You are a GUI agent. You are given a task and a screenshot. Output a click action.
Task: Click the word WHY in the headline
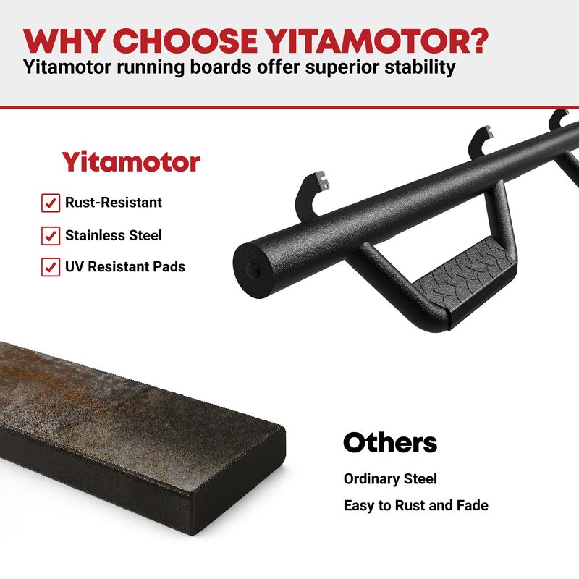coord(62,41)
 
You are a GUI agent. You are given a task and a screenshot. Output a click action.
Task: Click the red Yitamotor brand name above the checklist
coord(131,161)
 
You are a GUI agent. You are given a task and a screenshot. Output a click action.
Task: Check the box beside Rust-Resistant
coord(51,203)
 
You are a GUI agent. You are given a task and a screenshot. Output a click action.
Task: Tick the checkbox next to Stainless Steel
coord(51,236)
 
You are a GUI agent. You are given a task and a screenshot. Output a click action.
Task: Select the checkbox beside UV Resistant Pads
coord(51,267)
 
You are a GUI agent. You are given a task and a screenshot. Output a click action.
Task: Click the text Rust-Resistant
coord(114,203)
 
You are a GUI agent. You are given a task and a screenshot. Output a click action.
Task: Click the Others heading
coord(390,442)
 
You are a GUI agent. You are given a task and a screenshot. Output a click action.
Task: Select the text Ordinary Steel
coord(390,479)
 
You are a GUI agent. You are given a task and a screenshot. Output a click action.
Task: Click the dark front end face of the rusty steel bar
coord(238,480)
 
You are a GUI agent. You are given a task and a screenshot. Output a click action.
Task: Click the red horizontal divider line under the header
coord(289,108)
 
